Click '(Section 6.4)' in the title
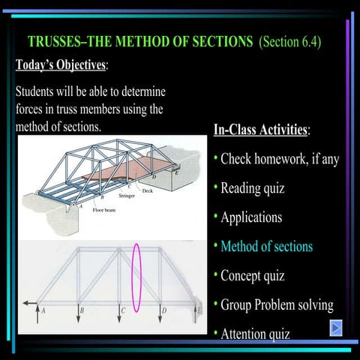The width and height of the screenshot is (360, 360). (x=289, y=42)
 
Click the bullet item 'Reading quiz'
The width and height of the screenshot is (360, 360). (x=252, y=188)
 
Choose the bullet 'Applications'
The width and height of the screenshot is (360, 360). (x=251, y=217)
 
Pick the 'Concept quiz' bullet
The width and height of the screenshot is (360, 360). (x=252, y=275)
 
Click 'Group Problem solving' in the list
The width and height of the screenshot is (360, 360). (x=277, y=304)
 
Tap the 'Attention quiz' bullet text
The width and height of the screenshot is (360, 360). (x=255, y=333)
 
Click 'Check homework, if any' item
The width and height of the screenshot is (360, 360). (x=280, y=159)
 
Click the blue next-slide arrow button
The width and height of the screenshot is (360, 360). (x=337, y=328)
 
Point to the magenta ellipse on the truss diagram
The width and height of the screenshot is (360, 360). (x=136, y=277)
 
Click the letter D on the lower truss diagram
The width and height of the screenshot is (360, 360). (x=164, y=310)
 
